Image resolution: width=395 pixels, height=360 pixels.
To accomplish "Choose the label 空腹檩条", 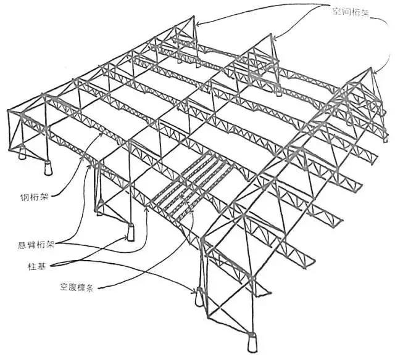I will (78, 287).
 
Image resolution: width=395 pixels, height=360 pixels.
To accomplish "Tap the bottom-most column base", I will (251, 341).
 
